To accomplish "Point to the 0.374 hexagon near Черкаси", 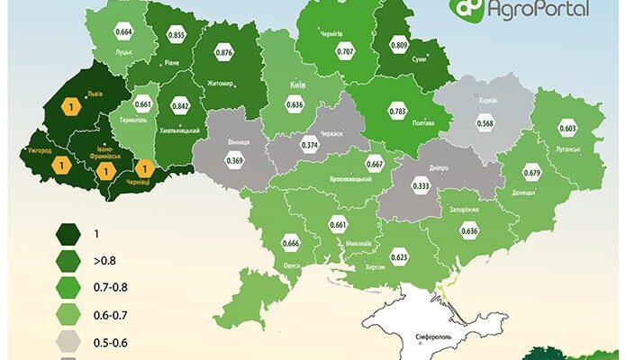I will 312,146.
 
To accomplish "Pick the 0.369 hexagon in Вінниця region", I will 234,161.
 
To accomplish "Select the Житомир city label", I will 220,84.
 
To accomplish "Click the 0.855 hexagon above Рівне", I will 177,35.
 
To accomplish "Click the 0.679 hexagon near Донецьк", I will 531,173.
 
